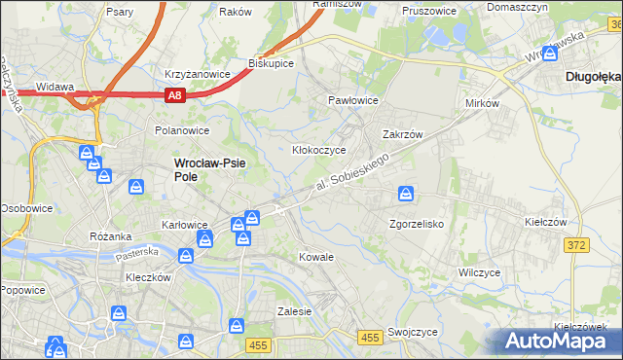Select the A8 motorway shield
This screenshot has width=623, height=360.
[174, 95]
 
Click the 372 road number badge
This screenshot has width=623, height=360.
[576, 245]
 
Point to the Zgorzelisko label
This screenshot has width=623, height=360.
[416, 224]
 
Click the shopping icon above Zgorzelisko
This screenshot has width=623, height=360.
[405, 196]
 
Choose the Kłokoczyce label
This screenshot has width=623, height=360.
[319, 151]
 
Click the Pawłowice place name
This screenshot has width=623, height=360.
[352, 100]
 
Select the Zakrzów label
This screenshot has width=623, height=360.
[401, 135]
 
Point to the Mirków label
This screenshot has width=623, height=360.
[482, 102]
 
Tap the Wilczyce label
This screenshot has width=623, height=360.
[479, 273]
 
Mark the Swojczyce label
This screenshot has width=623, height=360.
[412, 332]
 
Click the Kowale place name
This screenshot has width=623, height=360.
[316, 258]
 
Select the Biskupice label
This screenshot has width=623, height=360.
[272, 62]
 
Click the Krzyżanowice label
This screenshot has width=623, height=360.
[197, 74]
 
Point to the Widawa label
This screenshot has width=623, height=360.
[55, 87]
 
